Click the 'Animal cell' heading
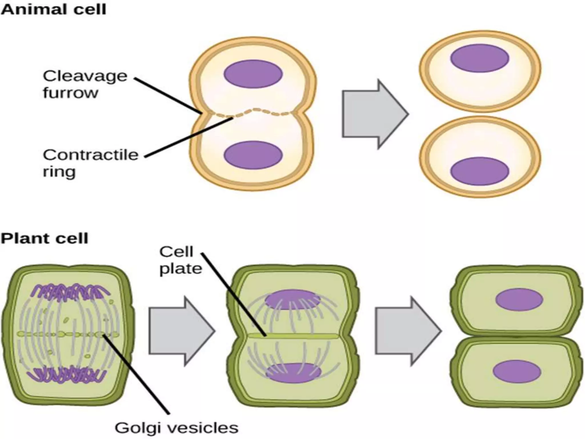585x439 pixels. tap(53, 10)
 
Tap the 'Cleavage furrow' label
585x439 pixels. tap(85, 84)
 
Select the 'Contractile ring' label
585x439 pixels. tap(90, 163)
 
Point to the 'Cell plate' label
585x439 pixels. tap(180, 260)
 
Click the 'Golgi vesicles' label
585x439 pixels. tap(177, 428)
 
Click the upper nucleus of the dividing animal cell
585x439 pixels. tap(253, 74)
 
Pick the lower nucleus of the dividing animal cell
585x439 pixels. tap(253, 155)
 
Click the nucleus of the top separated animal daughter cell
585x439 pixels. tap(480, 58)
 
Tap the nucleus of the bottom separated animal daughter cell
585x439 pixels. tap(480, 171)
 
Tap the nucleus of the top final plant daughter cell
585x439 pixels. tap(519, 300)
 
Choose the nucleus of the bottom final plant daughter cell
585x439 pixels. tap(516, 372)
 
